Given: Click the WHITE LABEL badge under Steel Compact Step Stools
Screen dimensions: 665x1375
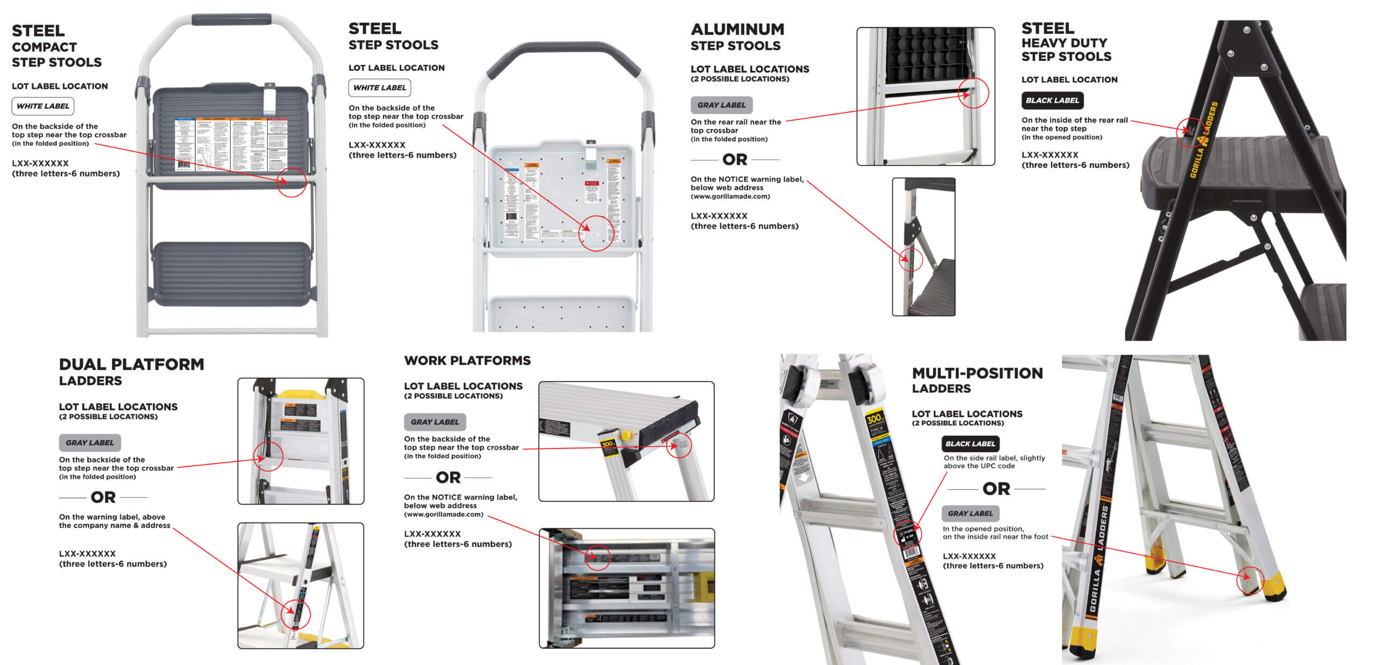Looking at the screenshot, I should pyautogui.click(x=43, y=106).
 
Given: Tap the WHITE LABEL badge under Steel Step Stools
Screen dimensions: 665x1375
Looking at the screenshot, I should pyautogui.click(x=380, y=88).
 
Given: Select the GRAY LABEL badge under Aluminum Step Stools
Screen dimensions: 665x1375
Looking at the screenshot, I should pyautogui.click(x=721, y=105).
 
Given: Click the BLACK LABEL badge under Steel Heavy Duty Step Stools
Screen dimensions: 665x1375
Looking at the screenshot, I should pyautogui.click(x=1052, y=100).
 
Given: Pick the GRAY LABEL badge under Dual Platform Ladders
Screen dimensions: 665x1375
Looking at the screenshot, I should pyautogui.click(x=90, y=443).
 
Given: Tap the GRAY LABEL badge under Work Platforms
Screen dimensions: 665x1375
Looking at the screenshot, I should pyautogui.click(x=435, y=422).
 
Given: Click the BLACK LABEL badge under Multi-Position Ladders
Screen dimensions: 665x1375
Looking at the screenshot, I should pyautogui.click(x=970, y=444).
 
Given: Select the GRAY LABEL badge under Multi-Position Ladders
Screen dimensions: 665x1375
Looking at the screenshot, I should pyautogui.click(x=970, y=514).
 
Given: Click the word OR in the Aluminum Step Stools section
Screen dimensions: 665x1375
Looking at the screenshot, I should pyautogui.click(x=735, y=160).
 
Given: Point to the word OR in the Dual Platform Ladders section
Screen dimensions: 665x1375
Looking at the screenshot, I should pyautogui.click(x=103, y=497).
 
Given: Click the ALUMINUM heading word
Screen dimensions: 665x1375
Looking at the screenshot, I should pyautogui.click(x=737, y=29).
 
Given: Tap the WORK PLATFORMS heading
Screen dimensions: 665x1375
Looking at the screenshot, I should pyautogui.click(x=467, y=360).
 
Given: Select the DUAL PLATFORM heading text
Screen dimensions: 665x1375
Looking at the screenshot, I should pyautogui.click(x=132, y=364).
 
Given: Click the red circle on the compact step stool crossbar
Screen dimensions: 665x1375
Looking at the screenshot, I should pyautogui.click(x=292, y=182).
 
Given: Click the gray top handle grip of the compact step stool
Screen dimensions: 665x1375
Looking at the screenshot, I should pyautogui.click(x=231, y=19).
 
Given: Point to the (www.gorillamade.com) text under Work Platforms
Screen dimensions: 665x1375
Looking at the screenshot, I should pyautogui.click(x=444, y=515).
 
